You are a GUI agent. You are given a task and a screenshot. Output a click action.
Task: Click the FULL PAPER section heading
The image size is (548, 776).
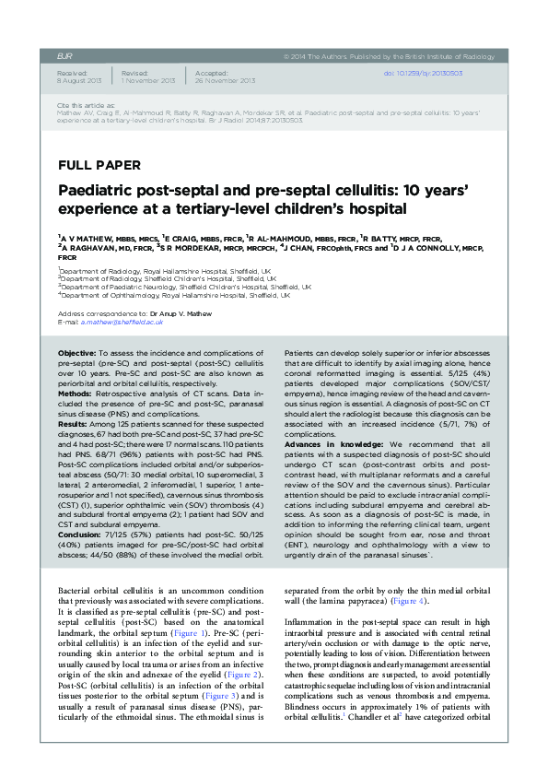click(99, 166)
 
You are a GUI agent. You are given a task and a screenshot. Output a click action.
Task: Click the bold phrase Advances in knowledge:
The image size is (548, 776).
click(321, 442)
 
